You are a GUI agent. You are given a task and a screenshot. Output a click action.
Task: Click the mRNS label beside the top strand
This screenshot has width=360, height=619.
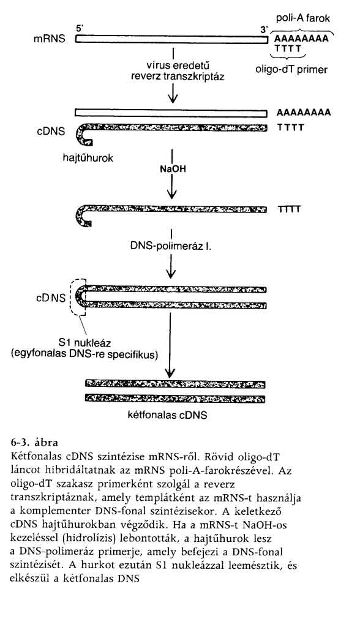tap(50, 39)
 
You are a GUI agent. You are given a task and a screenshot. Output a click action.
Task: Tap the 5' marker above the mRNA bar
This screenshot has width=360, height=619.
tap(80, 29)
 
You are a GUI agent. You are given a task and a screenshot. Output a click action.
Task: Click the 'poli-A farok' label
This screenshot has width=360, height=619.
tap(302, 18)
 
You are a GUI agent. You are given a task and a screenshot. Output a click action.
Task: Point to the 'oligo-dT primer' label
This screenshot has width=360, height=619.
tap(291, 70)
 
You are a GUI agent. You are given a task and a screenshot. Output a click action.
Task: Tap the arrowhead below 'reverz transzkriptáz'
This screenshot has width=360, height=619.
tap(173, 99)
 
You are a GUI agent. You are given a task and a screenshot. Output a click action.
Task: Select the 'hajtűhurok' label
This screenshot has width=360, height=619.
tap(88, 159)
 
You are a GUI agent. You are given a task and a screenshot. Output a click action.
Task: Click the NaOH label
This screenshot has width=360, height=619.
tap(173, 169)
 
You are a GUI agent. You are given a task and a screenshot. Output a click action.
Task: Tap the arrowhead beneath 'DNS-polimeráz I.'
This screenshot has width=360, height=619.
tap(171, 273)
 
